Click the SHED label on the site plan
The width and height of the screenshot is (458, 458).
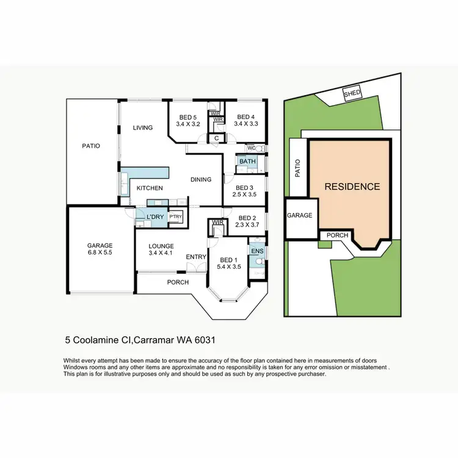[352, 93]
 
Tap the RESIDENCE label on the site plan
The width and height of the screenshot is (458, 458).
[352, 187]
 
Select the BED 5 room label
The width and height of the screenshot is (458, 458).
[187, 117]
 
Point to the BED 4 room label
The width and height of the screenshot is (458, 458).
[245, 117]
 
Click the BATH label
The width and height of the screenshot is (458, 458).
[247, 161]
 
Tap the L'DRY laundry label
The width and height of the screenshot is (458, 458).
[153, 217]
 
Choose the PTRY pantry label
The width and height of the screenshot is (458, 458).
[175, 217]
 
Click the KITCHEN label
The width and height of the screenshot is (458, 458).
[149, 188]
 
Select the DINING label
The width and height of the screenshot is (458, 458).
[201, 180]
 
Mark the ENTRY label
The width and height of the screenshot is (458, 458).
[196, 257]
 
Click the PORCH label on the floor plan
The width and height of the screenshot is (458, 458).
[178, 282]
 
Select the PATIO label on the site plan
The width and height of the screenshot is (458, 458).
[298, 168]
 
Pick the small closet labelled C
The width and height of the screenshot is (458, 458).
[216, 139]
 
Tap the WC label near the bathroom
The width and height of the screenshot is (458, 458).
[251, 148]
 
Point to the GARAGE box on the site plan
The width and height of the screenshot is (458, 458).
[300, 216]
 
